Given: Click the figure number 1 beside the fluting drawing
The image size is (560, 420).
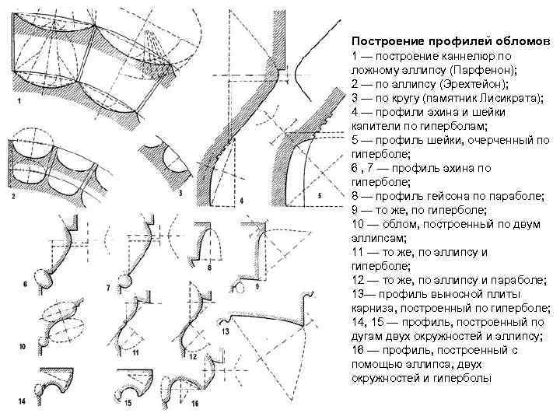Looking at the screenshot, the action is click(x=19, y=101).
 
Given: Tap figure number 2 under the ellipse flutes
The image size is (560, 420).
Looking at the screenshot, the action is click(x=13, y=196).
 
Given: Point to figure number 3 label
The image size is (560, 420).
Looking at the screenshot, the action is click(x=180, y=193).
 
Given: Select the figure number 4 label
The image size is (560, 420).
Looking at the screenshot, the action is click(x=241, y=201).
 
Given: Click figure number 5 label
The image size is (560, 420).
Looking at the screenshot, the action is click(x=320, y=196).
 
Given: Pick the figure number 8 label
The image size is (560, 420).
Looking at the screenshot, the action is click(x=209, y=267).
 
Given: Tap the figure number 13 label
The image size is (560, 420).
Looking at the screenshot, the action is click(x=225, y=331).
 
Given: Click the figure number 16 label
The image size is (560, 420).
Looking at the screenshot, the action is click(x=195, y=404).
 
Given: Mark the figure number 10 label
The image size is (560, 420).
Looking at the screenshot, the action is click(x=22, y=346).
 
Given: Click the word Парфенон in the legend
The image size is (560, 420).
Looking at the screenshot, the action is click(x=478, y=70).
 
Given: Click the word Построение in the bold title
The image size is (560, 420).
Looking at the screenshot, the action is click(x=386, y=41).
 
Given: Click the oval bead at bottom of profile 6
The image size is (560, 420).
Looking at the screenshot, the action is click(x=44, y=278).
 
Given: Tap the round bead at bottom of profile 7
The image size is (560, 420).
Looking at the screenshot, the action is click(x=124, y=282).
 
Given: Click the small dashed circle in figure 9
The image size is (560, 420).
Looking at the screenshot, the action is click(x=239, y=287).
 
